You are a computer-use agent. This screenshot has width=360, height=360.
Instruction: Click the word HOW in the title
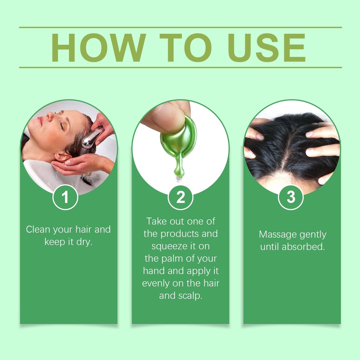tap(99, 47)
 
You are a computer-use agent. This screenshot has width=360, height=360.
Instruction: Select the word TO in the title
tap(186, 47)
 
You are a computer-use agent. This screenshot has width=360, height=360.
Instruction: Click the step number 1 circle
tap(65, 197)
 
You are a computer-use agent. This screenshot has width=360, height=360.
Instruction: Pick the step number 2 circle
tap(180, 197)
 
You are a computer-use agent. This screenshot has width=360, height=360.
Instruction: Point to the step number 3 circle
tap(291, 197)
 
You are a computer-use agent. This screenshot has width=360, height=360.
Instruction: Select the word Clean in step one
tap(38, 229)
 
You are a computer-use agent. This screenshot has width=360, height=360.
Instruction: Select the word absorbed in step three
tap(303, 246)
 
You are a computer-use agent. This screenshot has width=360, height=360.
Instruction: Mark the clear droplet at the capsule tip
tap(178, 179)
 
